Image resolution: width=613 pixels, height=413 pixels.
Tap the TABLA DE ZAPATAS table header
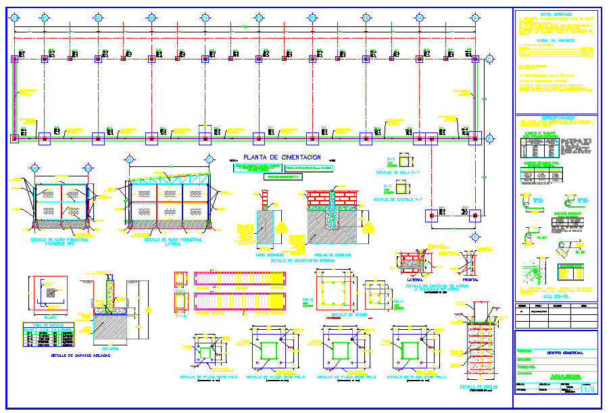(x=45, y=324)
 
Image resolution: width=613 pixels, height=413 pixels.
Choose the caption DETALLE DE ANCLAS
(x=481, y=387)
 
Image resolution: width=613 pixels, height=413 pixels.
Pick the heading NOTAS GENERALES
(x=556, y=14)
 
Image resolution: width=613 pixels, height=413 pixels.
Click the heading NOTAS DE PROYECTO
(x=556, y=41)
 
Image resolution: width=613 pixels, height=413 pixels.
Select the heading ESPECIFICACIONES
(x=556, y=117)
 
